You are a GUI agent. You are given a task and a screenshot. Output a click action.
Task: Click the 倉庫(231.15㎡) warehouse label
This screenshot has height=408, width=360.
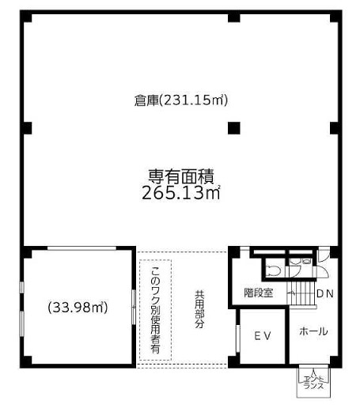(x=180, y=100)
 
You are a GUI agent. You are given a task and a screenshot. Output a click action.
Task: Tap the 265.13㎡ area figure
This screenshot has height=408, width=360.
(x=181, y=193)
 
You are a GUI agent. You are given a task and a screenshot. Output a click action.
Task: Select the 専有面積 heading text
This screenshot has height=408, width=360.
(x=181, y=176)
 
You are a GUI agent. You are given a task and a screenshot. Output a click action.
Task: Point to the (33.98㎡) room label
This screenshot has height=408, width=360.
(x=78, y=308)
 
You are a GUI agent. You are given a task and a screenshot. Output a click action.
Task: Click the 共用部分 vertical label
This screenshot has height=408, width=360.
(x=199, y=309)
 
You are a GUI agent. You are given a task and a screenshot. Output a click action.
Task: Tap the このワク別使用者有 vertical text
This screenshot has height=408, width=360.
(x=155, y=310)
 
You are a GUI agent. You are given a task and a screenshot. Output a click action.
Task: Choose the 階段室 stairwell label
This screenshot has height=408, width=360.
(x=258, y=293)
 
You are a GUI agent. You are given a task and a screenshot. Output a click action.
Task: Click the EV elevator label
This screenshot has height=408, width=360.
(x=263, y=336)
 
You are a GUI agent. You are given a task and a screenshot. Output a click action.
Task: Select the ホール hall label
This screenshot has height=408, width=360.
(x=313, y=331)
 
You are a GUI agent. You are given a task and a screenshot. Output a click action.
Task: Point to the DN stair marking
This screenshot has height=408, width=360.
(x=325, y=293)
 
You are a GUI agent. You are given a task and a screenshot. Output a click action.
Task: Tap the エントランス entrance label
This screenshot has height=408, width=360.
(x=313, y=383)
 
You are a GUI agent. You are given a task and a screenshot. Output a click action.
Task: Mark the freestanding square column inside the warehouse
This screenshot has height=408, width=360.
(x=234, y=128)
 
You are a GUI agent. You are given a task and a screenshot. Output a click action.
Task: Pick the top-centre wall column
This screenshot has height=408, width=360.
(x=234, y=17)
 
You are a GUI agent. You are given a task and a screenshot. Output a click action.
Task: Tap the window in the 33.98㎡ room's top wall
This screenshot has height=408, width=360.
(x=81, y=248)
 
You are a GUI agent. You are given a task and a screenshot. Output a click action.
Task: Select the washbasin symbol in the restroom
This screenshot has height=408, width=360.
(x=307, y=261)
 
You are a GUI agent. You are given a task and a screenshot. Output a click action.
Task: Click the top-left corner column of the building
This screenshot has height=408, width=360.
(x=26, y=17)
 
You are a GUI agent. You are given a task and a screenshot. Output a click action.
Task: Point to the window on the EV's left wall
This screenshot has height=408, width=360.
(x=237, y=338)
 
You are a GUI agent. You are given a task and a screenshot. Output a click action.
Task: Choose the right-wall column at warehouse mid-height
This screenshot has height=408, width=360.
(x=335, y=128)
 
